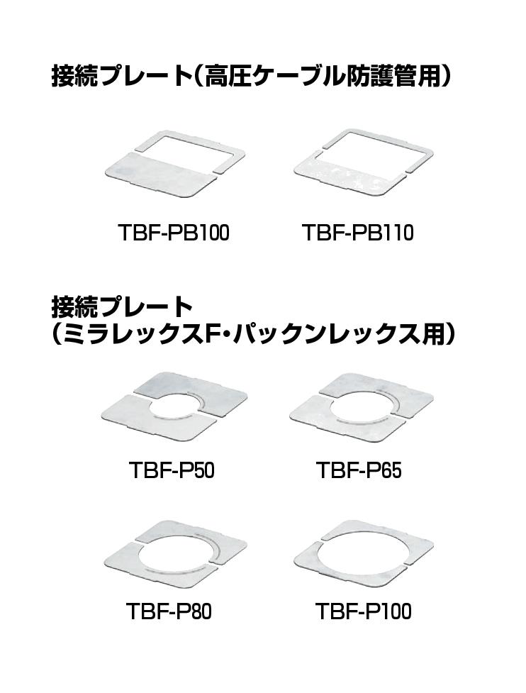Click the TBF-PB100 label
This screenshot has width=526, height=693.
174,233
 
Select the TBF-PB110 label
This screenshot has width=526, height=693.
358,233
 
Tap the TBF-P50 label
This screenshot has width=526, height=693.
172,470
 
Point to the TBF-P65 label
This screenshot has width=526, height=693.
359,470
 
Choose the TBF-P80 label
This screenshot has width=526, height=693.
169,611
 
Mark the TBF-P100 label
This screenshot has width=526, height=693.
364,611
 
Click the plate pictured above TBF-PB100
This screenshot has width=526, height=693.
174,164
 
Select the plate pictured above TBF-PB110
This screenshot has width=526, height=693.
363,162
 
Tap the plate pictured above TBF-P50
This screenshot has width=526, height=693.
174,406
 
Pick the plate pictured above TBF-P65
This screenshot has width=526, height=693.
362,407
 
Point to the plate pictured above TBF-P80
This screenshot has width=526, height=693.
175,551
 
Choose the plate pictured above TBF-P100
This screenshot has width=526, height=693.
364,553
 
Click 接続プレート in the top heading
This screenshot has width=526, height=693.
120,76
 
